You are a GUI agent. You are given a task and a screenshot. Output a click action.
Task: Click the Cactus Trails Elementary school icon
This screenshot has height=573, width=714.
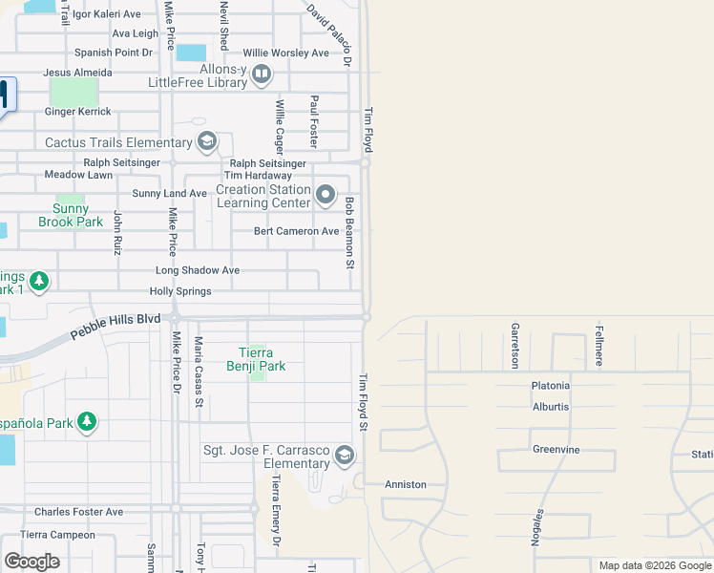pyautogui.click(x=206, y=143)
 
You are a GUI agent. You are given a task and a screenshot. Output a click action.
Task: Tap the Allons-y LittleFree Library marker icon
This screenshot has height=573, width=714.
pyautogui.click(x=262, y=74)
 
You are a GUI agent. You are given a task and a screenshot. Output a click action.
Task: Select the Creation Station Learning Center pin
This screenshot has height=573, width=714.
pyautogui.click(x=325, y=196)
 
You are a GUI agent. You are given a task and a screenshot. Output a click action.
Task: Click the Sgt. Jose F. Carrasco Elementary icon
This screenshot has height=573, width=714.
pyautogui.click(x=345, y=456)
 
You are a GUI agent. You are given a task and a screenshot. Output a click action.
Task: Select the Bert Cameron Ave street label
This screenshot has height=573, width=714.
pyautogui.click(x=296, y=231)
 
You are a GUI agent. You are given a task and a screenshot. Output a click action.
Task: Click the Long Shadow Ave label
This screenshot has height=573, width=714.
pyautogui.click(x=198, y=270)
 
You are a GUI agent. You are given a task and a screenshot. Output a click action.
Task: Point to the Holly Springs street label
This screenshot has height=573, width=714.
pyautogui.click(x=179, y=291)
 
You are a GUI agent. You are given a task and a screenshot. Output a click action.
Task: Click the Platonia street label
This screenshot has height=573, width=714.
pyautogui.click(x=551, y=386)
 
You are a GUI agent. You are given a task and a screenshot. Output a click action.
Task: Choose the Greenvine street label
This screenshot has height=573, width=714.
pyautogui.click(x=556, y=449)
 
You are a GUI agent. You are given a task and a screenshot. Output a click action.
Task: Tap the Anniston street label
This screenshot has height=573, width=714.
pyautogui.click(x=405, y=484)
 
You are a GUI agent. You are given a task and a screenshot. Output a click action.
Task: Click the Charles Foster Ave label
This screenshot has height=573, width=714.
pyautogui.click(x=78, y=512)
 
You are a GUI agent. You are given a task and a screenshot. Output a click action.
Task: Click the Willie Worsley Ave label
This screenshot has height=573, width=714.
pyautogui.click(x=285, y=53)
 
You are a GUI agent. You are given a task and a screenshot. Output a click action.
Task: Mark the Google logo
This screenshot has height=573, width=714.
pyautogui.click(x=31, y=562)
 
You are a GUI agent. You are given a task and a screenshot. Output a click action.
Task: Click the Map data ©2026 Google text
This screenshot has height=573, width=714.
pyautogui.click(x=654, y=565)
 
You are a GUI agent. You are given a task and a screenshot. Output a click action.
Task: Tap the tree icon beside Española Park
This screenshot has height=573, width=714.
pyautogui.click(x=87, y=422)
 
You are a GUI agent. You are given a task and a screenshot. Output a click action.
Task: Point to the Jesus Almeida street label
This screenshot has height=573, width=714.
pyautogui.click(x=78, y=73)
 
